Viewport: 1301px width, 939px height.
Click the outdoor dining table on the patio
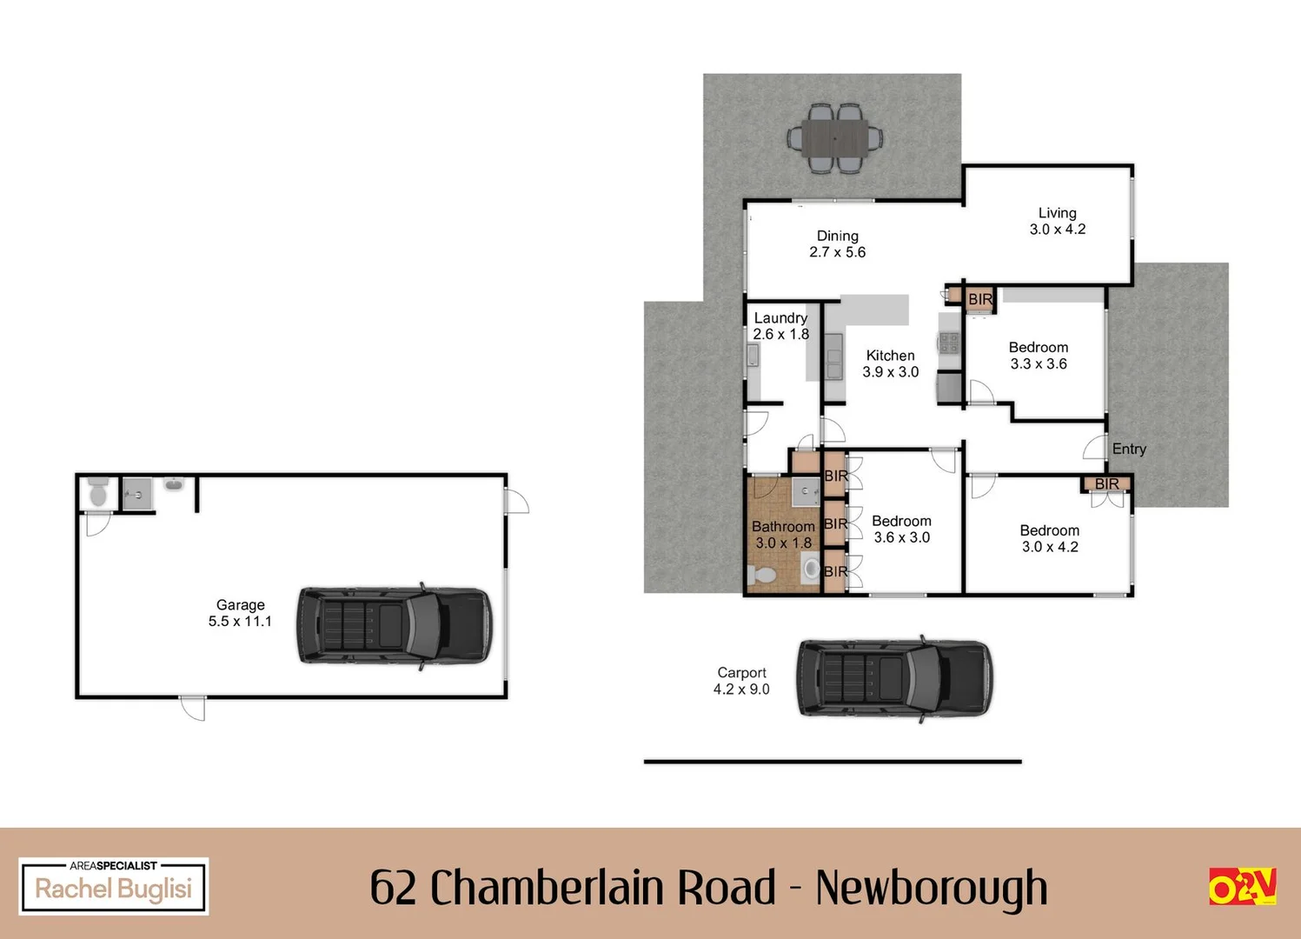click(834, 139)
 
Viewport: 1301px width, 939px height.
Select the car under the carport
click(894, 678)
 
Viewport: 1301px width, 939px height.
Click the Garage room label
click(240, 613)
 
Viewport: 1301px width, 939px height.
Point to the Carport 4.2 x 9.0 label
click(741, 681)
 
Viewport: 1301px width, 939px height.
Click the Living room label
click(1058, 221)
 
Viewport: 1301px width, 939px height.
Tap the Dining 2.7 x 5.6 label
click(837, 243)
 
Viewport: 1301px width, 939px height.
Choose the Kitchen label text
click(890, 363)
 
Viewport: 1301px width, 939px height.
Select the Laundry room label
click(780, 326)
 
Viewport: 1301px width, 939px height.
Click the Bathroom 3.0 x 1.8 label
click(783, 535)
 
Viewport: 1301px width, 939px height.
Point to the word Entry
click(1129, 449)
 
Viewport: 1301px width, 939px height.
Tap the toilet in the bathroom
click(762, 574)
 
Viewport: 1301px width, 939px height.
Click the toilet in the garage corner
click(97, 493)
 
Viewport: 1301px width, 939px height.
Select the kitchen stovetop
click(948, 342)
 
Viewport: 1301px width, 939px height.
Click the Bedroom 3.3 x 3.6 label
click(1039, 356)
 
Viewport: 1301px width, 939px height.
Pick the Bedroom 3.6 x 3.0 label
click(901, 529)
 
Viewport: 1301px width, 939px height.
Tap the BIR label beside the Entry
click(1106, 483)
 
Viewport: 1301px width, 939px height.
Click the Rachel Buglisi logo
click(114, 886)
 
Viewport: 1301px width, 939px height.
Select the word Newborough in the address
click(932, 888)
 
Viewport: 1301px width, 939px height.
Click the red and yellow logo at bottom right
click(1242, 886)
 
